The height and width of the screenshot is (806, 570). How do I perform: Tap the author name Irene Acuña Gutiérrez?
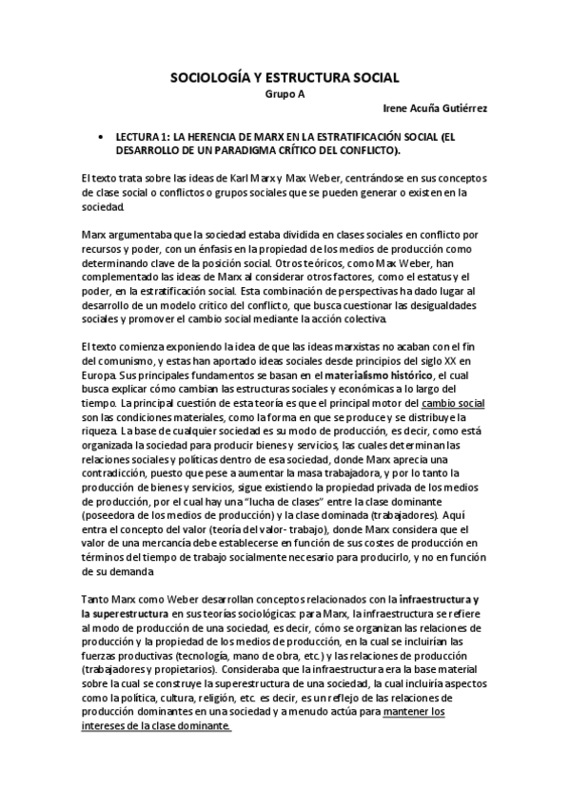(433, 108)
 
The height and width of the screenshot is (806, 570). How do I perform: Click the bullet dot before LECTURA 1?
(101, 137)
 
